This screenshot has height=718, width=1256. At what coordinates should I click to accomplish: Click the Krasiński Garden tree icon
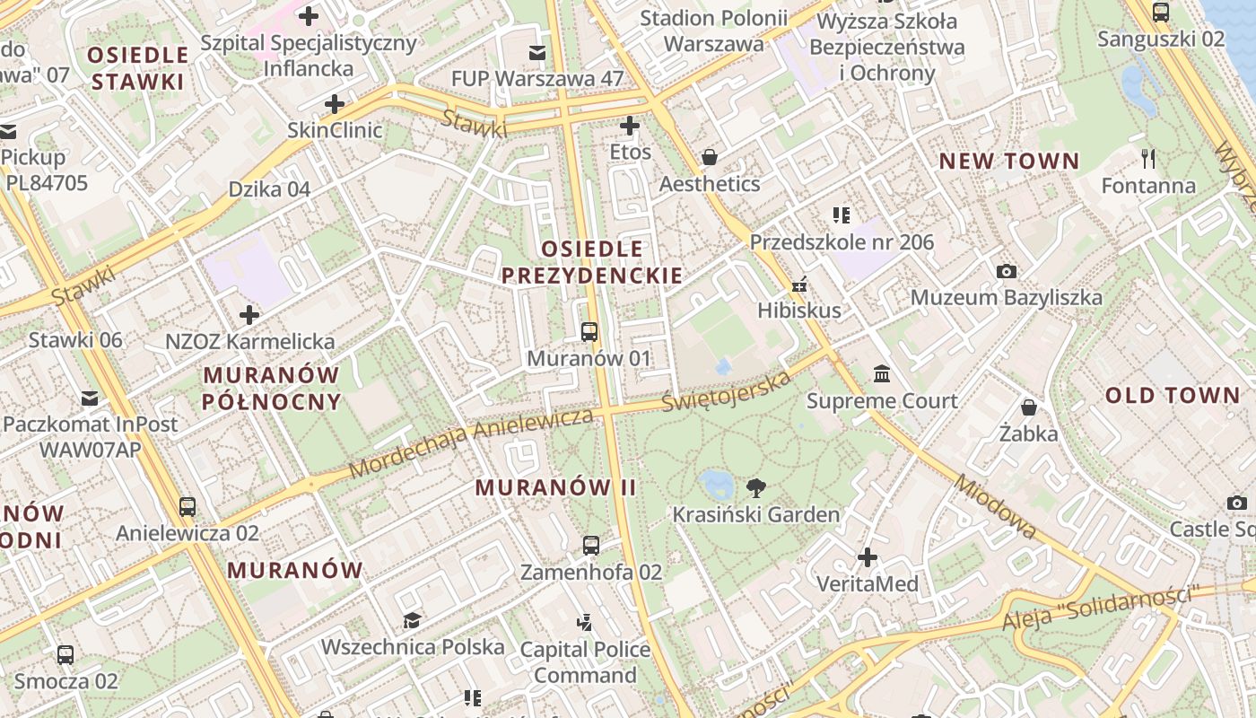(x=755, y=488)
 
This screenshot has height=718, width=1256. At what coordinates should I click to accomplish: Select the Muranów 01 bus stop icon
(x=589, y=332)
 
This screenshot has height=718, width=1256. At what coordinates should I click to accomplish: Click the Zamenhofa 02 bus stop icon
(x=590, y=545)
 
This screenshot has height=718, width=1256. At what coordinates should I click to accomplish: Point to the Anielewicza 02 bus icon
(x=187, y=506)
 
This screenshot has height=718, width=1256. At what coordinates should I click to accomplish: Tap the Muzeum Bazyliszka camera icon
(x=1007, y=270)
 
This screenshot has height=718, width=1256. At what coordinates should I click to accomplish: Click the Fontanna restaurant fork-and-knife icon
(x=1147, y=159)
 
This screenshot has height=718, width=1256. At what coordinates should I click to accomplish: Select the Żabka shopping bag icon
(x=1028, y=407)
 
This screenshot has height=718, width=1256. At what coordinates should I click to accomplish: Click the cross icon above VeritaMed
(x=867, y=557)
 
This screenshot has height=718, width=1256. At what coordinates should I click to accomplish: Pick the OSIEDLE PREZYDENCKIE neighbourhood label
(x=592, y=262)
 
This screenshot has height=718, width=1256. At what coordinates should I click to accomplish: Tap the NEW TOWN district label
(x=1008, y=162)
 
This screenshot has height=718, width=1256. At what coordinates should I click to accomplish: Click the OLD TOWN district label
(x=1172, y=396)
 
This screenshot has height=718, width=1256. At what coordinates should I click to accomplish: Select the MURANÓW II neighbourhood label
(x=555, y=487)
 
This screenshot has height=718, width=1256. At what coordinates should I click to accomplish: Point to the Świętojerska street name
(x=727, y=390)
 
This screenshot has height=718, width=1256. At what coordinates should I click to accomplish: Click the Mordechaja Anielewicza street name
(x=471, y=442)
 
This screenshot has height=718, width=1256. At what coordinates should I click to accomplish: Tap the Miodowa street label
(x=995, y=507)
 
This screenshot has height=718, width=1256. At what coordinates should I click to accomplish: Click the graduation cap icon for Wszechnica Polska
(x=412, y=620)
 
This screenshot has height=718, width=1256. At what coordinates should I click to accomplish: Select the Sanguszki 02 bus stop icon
(x=1160, y=13)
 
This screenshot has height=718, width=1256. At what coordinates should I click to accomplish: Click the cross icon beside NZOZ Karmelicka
(x=249, y=315)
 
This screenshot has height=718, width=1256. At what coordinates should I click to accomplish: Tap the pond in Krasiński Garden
(x=719, y=485)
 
